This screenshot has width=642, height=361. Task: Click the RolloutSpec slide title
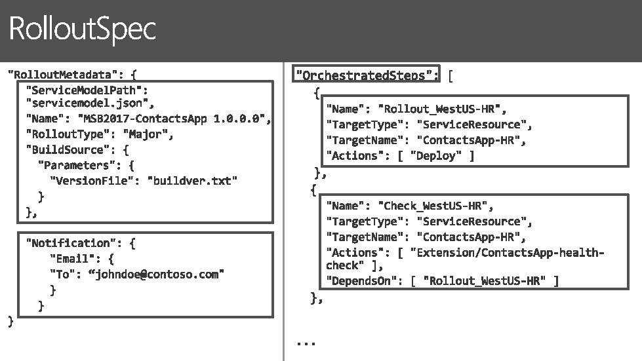(82, 29)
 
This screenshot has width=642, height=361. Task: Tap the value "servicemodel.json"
(89, 104)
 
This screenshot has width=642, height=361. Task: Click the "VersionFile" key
(92, 181)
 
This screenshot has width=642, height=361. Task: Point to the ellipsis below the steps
(306, 343)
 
